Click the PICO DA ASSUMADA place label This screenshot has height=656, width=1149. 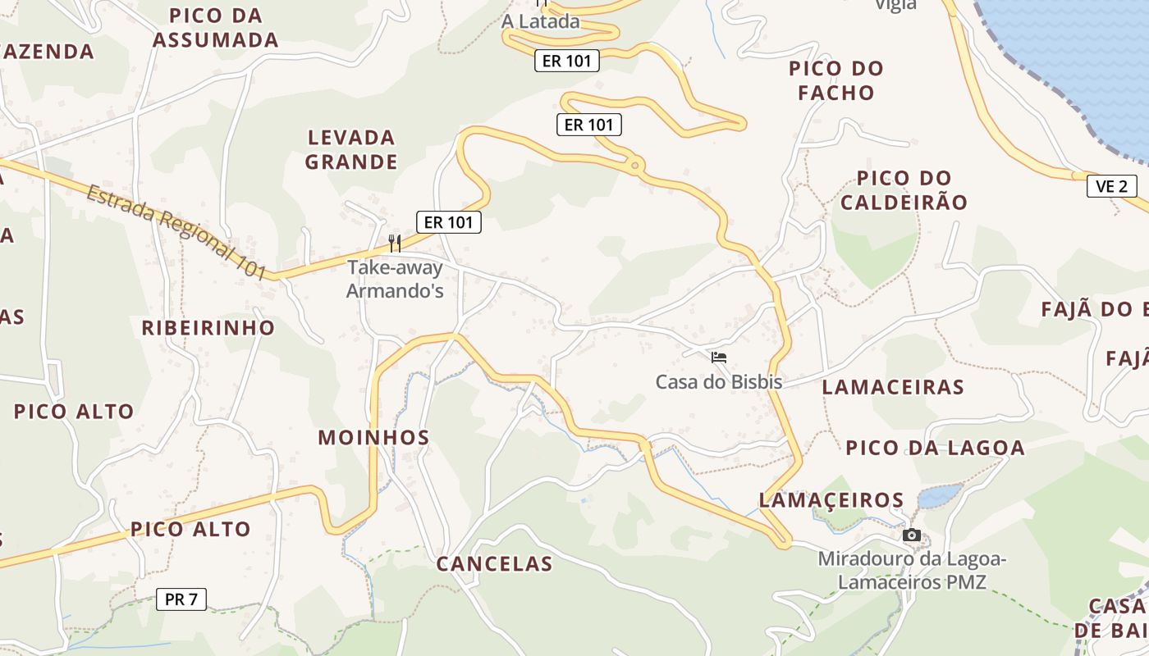pyautogui.click(x=216, y=27)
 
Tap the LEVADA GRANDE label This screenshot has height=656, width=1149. pyautogui.click(x=351, y=149)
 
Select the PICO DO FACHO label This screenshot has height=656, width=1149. pyautogui.click(x=836, y=80)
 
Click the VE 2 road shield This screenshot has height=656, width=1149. pyautogui.click(x=1111, y=186)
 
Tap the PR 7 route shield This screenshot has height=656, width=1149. pyautogui.click(x=181, y=599)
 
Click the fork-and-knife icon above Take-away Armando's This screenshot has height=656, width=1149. pyautogui.click(x=395, y=243)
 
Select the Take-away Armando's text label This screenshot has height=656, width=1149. pyautogui.click(x=395, y=279)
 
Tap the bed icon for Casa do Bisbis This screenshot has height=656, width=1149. pyautogui.click(x=719, y=358)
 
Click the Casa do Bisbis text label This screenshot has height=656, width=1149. pyautogui.click(x=718, y=382)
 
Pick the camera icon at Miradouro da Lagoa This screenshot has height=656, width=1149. pyautogui.click(x=911, y=535)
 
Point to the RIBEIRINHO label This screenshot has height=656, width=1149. pyautogui.click(x=208, y=328)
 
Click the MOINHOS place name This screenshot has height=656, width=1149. pyautogui.click(x=373, y=438)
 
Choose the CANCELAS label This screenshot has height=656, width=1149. pyautogui.click(x=494, y=564)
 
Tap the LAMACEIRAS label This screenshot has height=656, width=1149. pyautogui.click(x=893, y=387)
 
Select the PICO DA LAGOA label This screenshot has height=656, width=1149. pyautogui.click(x=935, y=448)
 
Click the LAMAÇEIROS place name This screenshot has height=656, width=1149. pyautogui.click(x=831, y=499)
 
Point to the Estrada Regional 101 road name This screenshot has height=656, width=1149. pyautogui.click(x=177, y=232)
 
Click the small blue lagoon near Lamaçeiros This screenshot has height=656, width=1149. pyautogui.click(x=939, y=495)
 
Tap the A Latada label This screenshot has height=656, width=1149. pyautogui.click(x=541, y=22)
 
